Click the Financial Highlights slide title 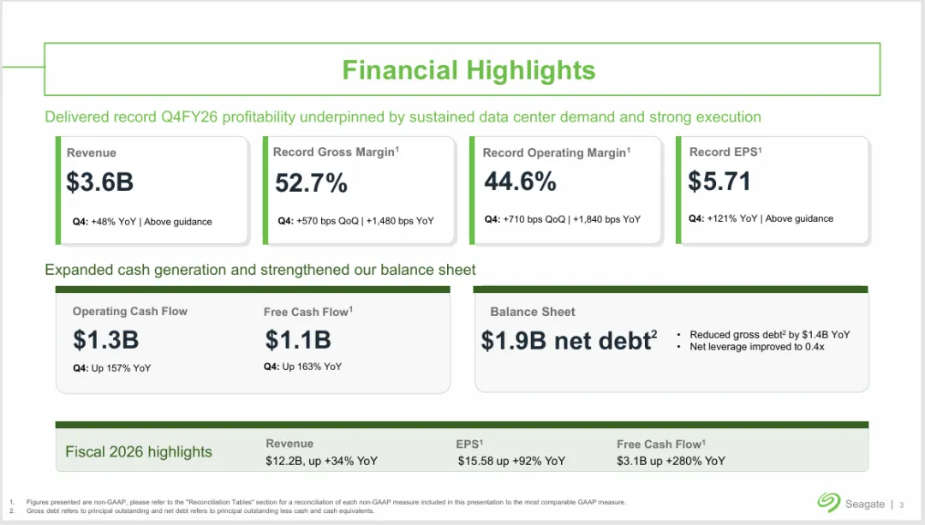pyautogui.click(x=469, y=70)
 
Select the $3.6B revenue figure pyautogui.click(x=99, y=182)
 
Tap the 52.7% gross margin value pyautogui.click(x=311, y=183)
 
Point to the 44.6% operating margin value pyautogui.click(x=521, y=181)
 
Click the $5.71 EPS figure pyautogui.click(x=719, y=181)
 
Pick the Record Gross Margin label pyautogui.click(x=337, y=152)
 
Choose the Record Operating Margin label pyautogui.click(x=557, y=152)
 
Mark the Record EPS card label pyautogui.click(x=725, y=152)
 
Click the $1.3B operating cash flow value pyautogui.click(x=106, y=340)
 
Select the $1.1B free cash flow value pyautogui.click(x=298, y=340)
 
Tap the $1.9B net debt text pyautogui.click(x=569, y=341)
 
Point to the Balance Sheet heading pyautogui.click(x=533, y=312)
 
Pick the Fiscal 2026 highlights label pyautogui.click(x=139, y=452)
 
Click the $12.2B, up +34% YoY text pyautogui.click(x=321, y=461)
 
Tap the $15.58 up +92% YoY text pyautogui.click(x=511, y=461)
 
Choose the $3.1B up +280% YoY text pyautogui.click(x=671, y=461)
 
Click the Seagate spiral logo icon pyautogui.click(x=829, y=503)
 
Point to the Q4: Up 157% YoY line pyautogui.click(x=112, y=368)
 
